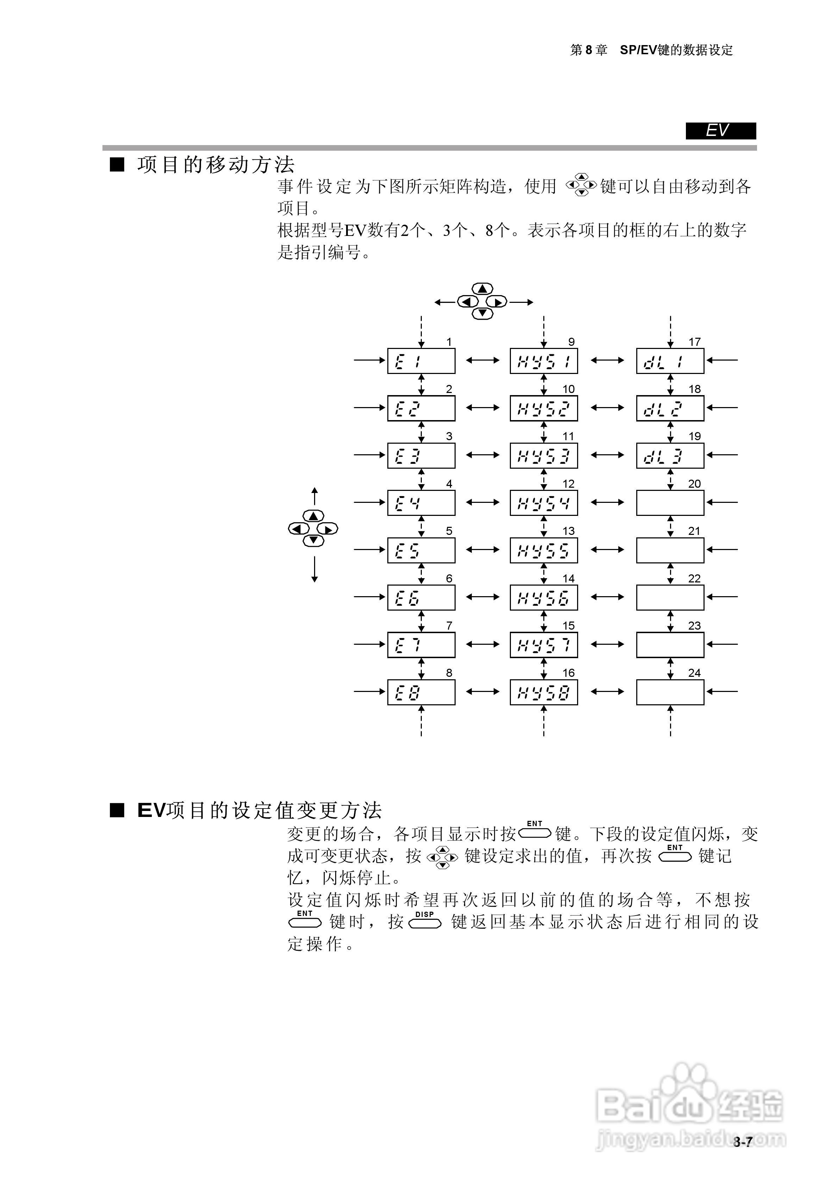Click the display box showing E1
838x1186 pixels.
click(421, 361)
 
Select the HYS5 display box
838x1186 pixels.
click(544, 550)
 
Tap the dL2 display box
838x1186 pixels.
click(670, 408)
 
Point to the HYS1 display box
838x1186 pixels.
click(544, 361)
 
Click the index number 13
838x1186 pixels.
click(568, 531)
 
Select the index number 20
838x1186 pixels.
click(694, 484)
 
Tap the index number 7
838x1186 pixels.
click(449, 625)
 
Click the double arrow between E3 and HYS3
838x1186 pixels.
click(482, 455)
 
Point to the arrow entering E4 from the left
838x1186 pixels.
click(369, 502)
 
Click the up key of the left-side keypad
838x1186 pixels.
click(313, 516)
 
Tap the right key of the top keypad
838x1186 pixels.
click(497, 302)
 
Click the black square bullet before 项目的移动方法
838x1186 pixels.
click(117, 165)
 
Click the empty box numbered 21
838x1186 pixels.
click(670, 550)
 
